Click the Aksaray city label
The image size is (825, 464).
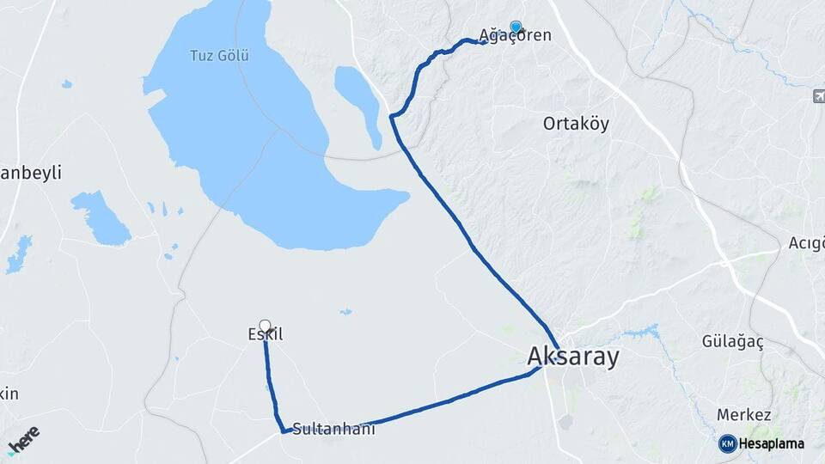[x=572, y=357]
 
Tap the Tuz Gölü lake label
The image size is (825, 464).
[x=219, y=56]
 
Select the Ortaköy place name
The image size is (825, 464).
[x=576, y=124]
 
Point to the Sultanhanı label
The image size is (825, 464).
[x=333, y=429]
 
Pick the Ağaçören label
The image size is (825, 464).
[x=516, y=36]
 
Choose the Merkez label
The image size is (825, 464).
[x=743, y=414]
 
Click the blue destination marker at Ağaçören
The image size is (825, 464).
[x=516, y=27]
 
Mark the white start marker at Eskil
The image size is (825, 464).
[x=265, y=326]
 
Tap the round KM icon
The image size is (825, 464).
[x=727, y=443]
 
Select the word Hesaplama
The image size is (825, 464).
[x=771, y=443]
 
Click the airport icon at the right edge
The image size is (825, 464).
[x=818, y=96]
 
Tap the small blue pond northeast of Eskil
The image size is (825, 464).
[x=345, y=312]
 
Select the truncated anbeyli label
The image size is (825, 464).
[x=31, y=173]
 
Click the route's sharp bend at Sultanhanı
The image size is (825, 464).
[x=284, y=430]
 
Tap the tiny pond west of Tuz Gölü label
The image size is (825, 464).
[x=66, y=83]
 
